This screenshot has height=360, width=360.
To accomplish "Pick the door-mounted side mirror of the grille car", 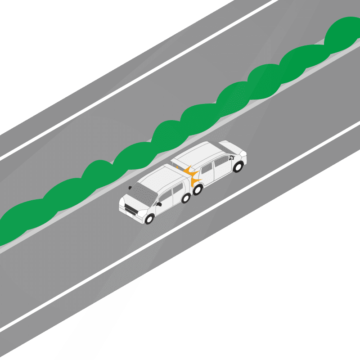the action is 159,204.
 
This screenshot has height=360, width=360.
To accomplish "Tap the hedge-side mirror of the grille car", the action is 130,187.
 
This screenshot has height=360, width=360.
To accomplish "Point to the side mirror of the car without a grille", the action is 231,157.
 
